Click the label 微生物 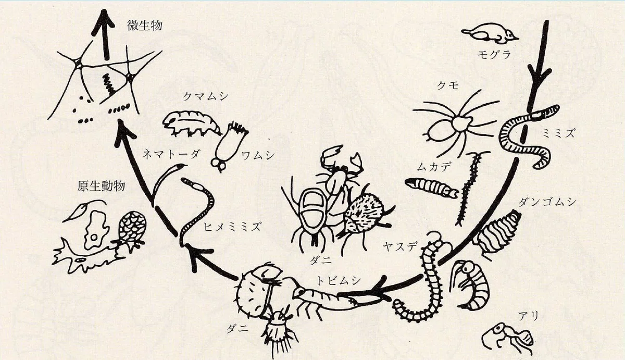[145, 26]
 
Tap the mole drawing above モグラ [490, 34]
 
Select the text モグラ [494, 54]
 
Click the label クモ [447, 85]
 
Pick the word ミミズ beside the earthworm [558, 134]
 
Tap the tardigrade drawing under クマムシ [191, 123]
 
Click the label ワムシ [258, 155]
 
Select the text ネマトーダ [171, 154]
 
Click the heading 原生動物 [101, 186]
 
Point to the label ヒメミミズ [232, 227]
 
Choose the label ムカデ [433, 167]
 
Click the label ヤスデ [400, 246]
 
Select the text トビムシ [339, 281]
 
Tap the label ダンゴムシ [547, 202]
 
